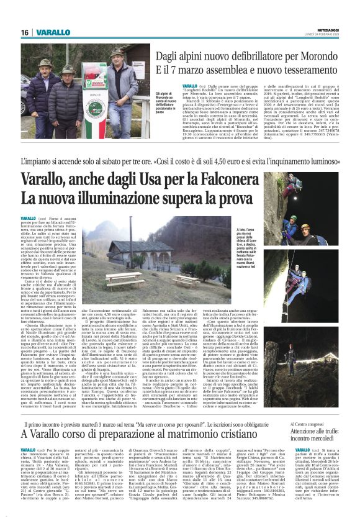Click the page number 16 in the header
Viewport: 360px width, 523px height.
[x=25, y=32]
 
